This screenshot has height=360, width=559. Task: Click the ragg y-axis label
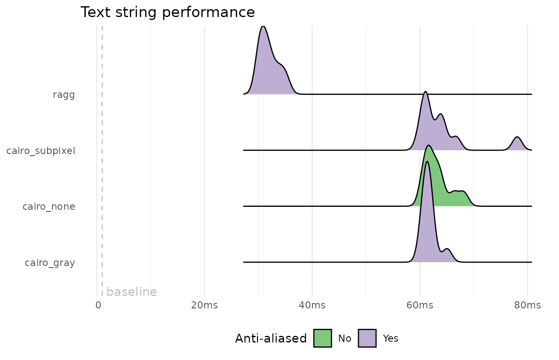pos(64,95)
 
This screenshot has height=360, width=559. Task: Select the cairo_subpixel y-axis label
pos(41,151)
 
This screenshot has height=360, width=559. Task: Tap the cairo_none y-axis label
pos(49,206)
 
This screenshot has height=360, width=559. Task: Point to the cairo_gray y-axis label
pos(49,263)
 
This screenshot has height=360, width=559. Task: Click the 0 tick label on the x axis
pos(98,305)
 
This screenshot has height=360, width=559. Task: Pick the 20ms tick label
pos(204,305)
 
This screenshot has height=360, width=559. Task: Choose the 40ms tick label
pos(312,305)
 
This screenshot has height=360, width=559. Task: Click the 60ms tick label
pos(420,305)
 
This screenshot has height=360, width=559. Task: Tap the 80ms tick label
pos(527,305)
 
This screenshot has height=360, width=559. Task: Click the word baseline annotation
pos(131,292)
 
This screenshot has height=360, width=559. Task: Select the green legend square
pos(322,338)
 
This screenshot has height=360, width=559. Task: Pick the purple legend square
pos(367,338)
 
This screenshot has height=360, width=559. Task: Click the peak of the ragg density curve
pos(263,29)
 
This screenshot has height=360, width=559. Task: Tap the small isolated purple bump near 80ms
pos(517,144)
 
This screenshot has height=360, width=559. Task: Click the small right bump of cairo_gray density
pos(447,254)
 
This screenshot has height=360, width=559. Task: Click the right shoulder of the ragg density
pos(281,71)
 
